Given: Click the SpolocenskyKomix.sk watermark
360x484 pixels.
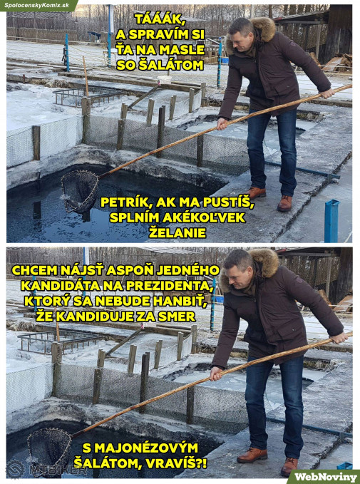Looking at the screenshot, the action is coord(37,5).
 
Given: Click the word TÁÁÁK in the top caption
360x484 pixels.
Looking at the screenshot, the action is coord(160,21).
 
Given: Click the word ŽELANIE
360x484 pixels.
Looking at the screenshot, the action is coord(178,233).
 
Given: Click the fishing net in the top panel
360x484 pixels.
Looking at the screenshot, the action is coord(80,191).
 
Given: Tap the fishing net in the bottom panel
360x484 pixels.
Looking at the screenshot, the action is coord(50,446).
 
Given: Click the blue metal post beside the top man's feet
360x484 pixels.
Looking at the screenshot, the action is coord(331,221).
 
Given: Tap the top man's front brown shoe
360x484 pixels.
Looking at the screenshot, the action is coord(284,203).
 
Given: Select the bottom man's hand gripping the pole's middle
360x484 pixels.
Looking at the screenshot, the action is coord(217,373).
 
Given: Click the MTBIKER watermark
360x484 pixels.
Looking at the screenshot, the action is coord(46,470).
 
